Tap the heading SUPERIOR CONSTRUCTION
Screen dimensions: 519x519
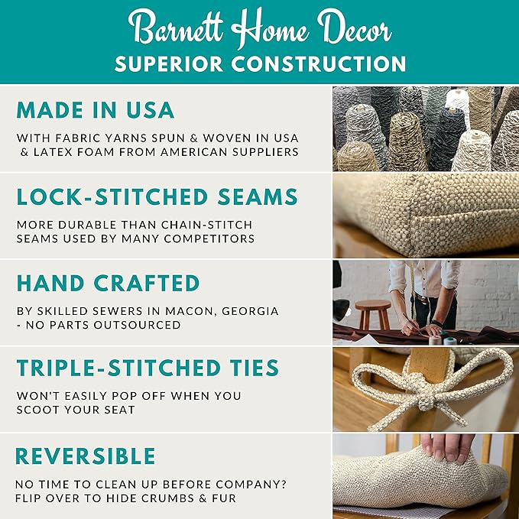click(x=259, y=63)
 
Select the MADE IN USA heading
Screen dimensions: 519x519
click(x=96, y=110)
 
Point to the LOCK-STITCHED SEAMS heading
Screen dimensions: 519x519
click(x=157, y=197)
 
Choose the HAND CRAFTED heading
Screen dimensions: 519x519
click(x=108, y=283)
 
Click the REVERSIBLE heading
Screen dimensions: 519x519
click(x=86, y=456)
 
